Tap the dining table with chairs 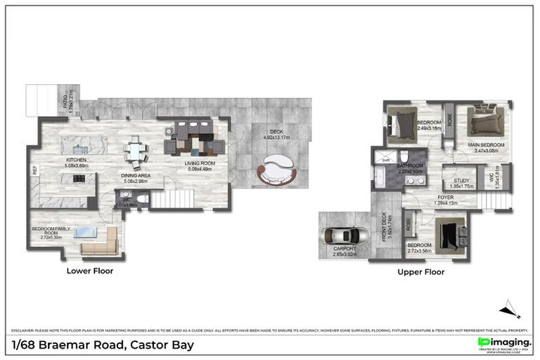tap(135, 151)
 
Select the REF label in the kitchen tap(33, 170)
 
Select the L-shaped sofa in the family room tap(99, 242)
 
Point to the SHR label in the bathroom tap(385, 160)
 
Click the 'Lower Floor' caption tap(89, 271)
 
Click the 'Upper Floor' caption tap(421, 271)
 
